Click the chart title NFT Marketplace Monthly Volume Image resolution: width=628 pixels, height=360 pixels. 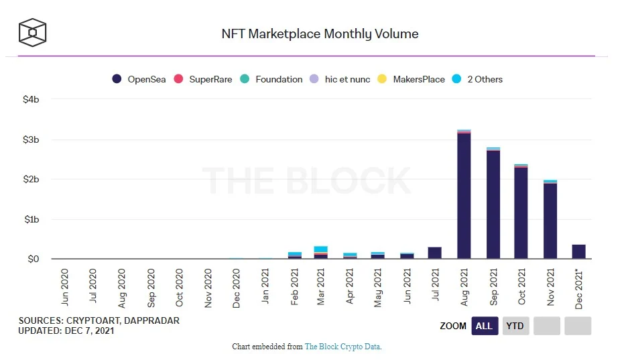[320, 34]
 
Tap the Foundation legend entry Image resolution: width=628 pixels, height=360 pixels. [271, 79]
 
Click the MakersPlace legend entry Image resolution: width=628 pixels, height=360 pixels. [412, 79]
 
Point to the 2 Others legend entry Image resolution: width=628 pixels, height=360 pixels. [477, 79]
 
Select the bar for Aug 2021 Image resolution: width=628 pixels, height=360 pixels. [464, 194]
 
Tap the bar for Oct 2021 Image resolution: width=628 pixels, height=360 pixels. [521, 211]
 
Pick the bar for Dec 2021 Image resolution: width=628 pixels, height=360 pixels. [579, 252]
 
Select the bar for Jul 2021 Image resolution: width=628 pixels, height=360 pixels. [435, 253]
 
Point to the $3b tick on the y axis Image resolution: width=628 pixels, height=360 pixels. [30, 139]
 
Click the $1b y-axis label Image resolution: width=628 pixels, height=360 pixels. [30, 219]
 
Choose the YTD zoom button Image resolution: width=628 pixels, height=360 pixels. [515, 326]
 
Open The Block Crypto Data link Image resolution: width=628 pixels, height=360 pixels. [342, 347]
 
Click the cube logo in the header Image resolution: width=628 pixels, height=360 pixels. [32, 32]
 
